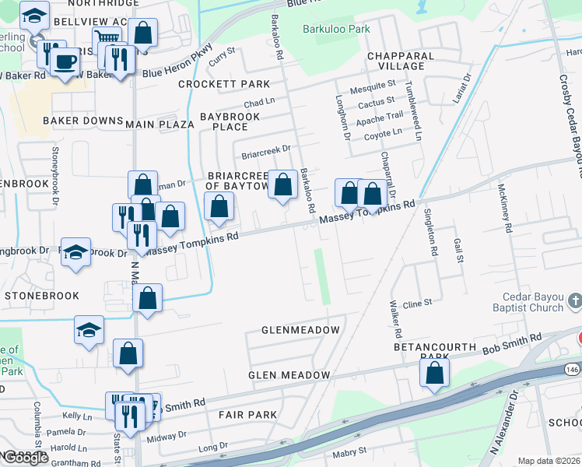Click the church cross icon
pyautogui.click(x=574, y=300)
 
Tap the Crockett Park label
pyautogui.click(x=224, y=84)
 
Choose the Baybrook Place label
pyautogui.click(x=230, y=121)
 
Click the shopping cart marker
pyautogui.click(x=107, y=39)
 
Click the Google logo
pyautogui.click(x=26, y=458)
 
